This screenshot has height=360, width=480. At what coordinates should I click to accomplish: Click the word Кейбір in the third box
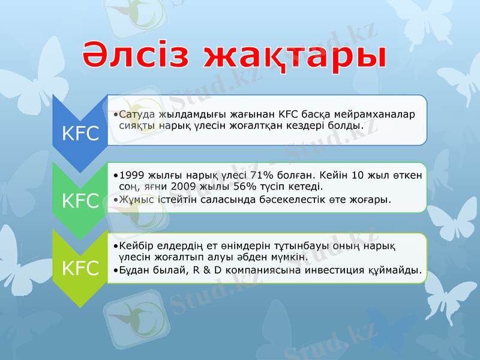137,246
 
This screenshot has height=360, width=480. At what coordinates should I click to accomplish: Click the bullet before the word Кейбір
116,247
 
